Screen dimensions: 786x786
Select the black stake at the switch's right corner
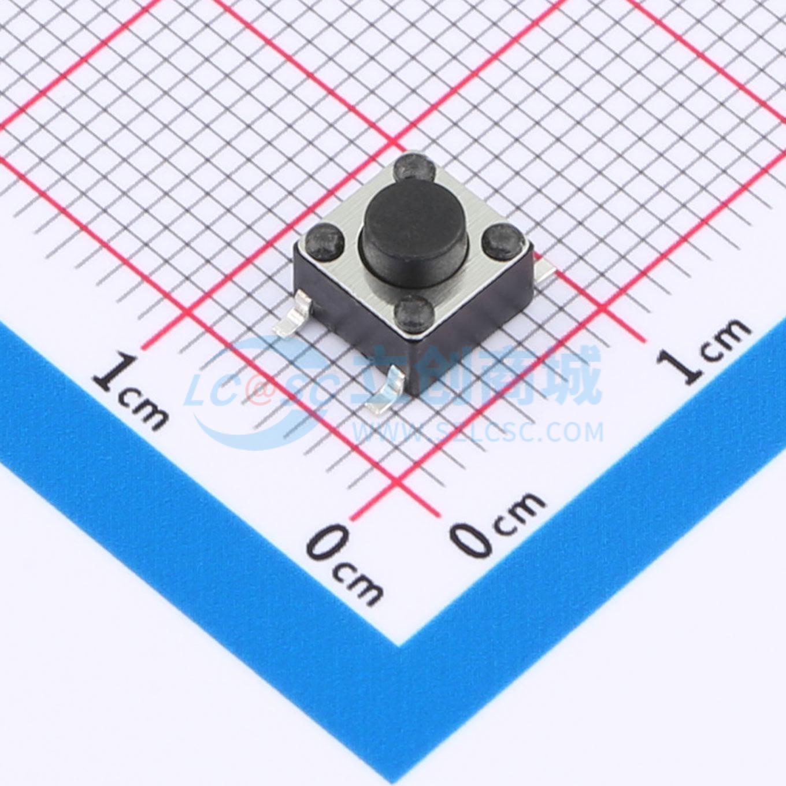point(501,242)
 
